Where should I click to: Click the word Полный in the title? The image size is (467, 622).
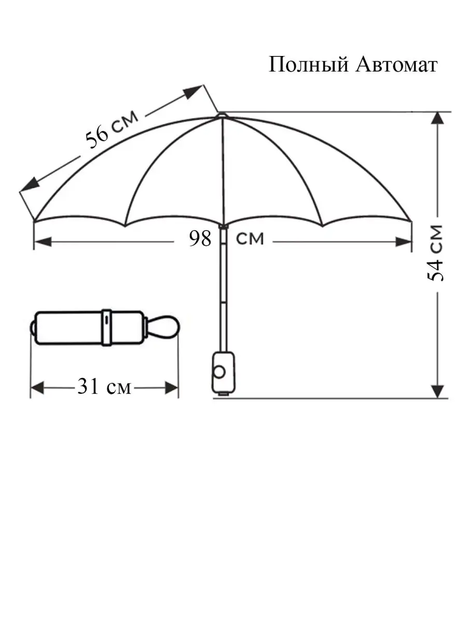point(308,65)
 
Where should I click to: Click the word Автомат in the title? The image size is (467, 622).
point(396,65)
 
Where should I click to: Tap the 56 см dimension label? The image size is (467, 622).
point(112,130)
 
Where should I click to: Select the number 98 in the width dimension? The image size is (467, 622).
point(200,238)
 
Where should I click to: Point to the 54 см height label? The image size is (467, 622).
point(435,253)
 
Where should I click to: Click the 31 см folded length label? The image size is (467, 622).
point(104,386)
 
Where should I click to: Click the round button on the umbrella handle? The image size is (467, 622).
point(219,372)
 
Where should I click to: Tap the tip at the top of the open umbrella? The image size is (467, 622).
point(222,115)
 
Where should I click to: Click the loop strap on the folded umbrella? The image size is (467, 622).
point(163,327)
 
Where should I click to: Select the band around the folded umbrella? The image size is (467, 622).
point(106,328)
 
